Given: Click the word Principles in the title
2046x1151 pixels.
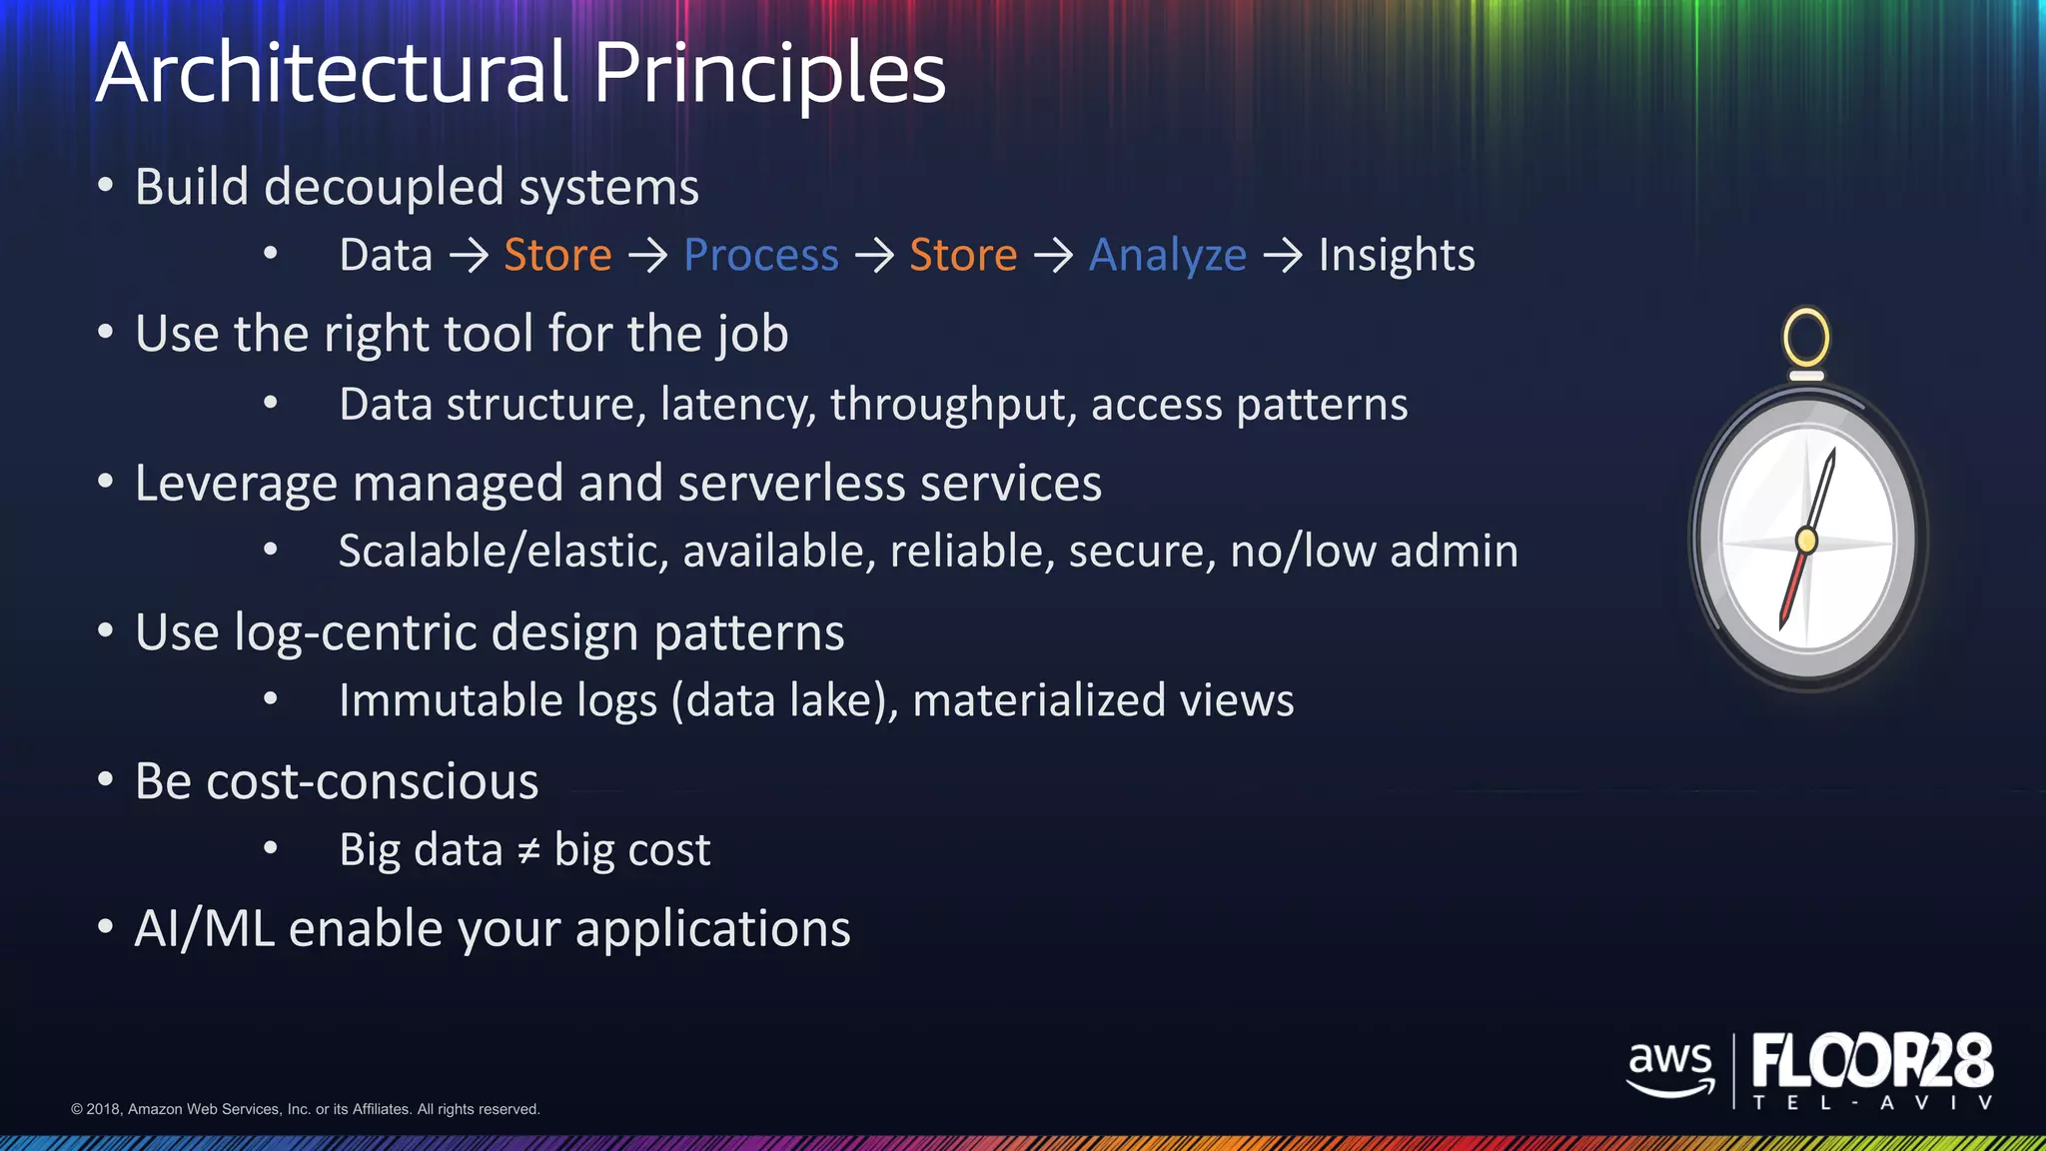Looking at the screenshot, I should (x=769, y=74).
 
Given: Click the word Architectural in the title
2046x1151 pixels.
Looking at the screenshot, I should (x=332, y=74).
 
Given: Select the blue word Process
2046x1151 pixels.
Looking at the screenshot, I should (x=760, y=256).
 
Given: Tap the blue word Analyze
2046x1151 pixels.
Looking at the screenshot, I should (x=1167, y=256).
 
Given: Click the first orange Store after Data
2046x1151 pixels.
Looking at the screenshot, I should (x=557, y=256).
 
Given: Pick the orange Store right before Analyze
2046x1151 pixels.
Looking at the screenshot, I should (x=963, y=256).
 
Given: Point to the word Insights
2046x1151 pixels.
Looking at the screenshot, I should (x=1396, y=256).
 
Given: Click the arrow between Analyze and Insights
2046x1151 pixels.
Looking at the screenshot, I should (x=1283, y=256).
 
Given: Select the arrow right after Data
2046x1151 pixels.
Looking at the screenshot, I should (x=469, y=256).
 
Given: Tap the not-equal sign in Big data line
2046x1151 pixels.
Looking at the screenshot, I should (x=528, y=851).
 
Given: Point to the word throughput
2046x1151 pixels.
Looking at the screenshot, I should (x=953, y=406).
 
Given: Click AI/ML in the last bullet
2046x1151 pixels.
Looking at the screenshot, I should (x=204, y=929).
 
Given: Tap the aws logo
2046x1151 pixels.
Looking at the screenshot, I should (x=1670, y=1067).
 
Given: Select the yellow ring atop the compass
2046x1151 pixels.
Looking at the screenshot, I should (x=1806, y=338).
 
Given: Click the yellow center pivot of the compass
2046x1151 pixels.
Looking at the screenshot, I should (x=1806, y=541).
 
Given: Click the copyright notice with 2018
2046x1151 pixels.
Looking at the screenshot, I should (x=305, y=1109).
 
